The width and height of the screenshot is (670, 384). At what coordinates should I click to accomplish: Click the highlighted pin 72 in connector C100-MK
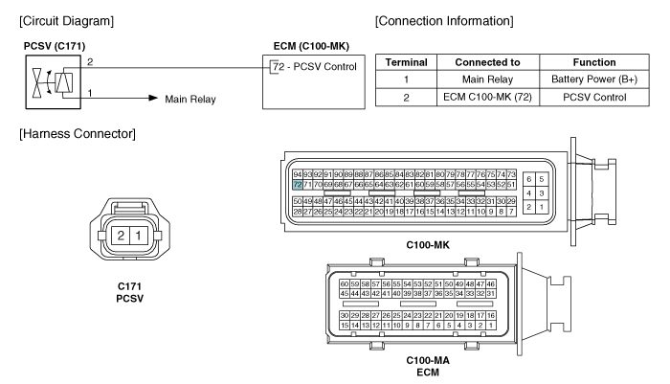point(298,185)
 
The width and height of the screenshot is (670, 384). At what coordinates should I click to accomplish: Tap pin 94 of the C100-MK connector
point(298,174)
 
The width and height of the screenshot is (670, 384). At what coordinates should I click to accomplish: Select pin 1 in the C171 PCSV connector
point(138,236)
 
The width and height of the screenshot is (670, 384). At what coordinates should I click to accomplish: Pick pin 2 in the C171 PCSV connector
point(121,236)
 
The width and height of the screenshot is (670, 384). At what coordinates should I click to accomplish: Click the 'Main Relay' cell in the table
point(487,79)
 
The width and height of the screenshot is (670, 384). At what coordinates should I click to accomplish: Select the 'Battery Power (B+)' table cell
point(594,79)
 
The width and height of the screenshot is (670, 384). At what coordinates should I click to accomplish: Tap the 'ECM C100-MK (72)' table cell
point(487,98)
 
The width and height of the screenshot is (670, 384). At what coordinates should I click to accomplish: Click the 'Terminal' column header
point(407,62)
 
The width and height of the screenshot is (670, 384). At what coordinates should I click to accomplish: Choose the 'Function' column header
point(594,62)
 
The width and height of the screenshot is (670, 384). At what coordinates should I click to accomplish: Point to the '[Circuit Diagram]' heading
point(67,21)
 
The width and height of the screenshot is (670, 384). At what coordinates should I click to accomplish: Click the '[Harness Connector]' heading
point(78,134)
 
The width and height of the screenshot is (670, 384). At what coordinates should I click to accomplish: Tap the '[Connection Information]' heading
point(444,21)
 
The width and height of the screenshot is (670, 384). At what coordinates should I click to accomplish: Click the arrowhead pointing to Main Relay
point(153,98)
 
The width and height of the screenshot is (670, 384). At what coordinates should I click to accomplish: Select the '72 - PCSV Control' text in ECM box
point(315,67)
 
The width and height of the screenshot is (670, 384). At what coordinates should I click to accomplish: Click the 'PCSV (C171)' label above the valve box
point(55,46)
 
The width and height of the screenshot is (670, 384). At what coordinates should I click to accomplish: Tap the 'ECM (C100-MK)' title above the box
point(311,46)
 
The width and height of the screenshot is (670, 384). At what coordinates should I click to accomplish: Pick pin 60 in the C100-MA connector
point(345,284)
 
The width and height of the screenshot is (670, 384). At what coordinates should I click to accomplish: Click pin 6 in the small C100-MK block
point(529,179)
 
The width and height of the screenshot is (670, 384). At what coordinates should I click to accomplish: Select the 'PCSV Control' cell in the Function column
point(594,98)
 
